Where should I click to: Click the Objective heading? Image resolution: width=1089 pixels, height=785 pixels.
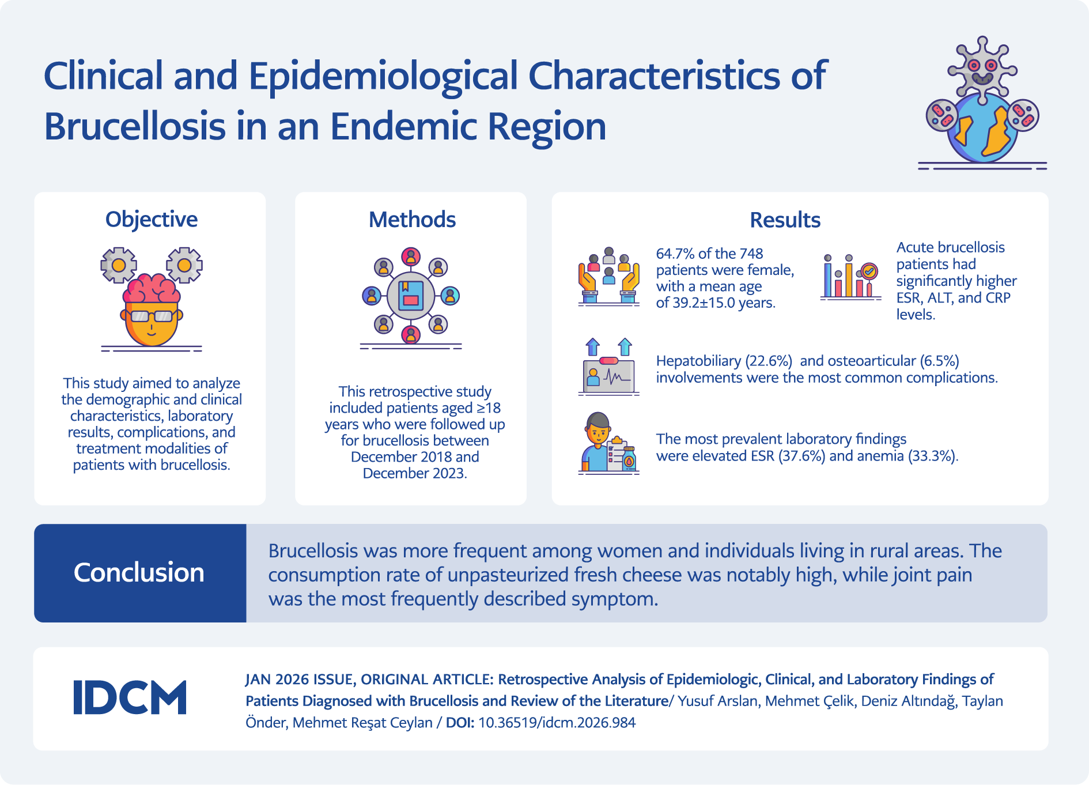pos(152,220)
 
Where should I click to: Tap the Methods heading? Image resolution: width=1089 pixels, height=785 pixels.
pos(412,220)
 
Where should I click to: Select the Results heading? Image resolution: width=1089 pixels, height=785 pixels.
pos(785,220)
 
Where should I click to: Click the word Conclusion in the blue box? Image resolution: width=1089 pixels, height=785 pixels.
pos(139,572)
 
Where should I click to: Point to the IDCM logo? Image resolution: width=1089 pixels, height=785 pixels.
pos(130,697)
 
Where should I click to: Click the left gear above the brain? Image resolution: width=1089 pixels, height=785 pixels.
pos(119,265)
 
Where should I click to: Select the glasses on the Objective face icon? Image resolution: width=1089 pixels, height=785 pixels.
pos(152,316)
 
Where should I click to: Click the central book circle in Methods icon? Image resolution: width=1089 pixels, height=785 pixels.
pos(411,296)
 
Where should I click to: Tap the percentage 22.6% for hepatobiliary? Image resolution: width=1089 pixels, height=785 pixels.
pos(769,361)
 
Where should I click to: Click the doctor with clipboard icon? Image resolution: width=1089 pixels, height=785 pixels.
pos(608,443)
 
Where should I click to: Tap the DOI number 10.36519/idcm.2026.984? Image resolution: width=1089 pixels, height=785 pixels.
pos(557,723)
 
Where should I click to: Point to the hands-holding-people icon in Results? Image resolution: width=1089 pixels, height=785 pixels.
pos(609,276)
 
